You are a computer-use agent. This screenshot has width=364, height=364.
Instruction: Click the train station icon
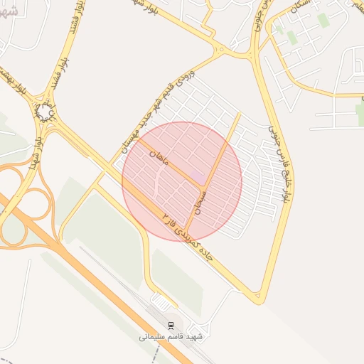coord(171,325)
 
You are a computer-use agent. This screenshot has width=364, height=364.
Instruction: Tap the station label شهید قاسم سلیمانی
coord(171,336)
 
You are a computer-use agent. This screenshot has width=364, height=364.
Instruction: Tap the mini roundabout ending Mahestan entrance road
coord(223,51)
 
